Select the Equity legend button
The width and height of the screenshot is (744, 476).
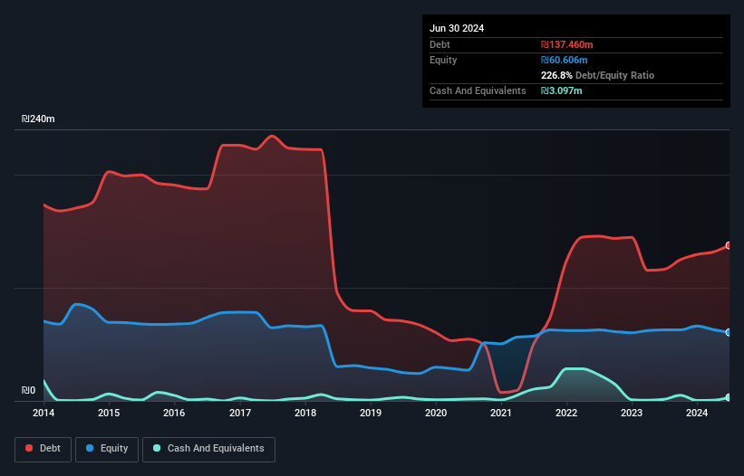point(107,449)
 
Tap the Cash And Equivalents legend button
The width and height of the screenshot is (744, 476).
point(208,449)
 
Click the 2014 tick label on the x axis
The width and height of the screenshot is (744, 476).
point(43,414)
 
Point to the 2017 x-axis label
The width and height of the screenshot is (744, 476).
point(240,414)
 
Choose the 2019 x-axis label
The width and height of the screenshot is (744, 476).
point(371,414)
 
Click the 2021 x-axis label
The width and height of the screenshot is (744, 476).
point(501,414)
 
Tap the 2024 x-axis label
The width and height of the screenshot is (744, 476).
point(697,414)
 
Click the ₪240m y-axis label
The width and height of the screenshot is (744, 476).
point(39,119)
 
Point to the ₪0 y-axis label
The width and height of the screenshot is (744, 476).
point(29,391)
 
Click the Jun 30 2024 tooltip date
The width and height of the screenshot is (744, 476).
point(457,28)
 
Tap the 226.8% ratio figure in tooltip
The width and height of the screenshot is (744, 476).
point(559,76)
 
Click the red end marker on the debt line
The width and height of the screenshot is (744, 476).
point(729,246)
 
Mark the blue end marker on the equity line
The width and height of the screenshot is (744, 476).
point(729,332)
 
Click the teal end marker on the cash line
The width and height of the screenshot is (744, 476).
point(729,397)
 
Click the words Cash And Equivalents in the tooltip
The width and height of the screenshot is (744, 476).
point(478,91)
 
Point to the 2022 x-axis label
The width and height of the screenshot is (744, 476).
point(566,414)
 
